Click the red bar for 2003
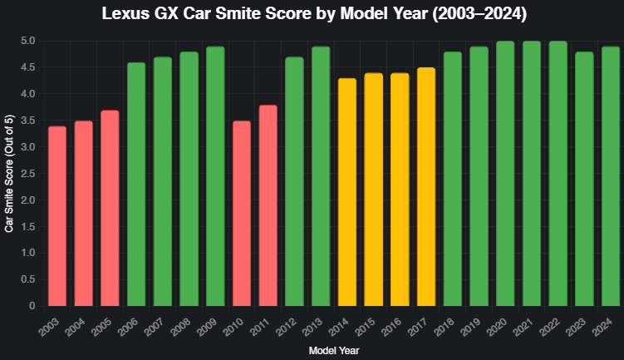tap(57, 216)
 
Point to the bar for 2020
tap(505, 174)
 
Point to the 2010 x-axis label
tap(233, 327)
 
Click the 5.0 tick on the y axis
tap(27, 41)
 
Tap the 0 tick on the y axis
tap(32, 306)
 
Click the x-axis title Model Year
tap(334, 351)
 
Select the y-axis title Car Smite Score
tap(9, 174)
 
